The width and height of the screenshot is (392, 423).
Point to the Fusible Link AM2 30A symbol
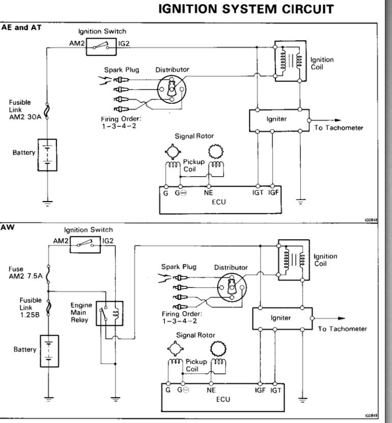tap(47, 111)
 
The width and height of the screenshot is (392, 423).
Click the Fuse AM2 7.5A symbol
tap(48, 274)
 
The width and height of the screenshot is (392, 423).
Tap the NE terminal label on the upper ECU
tap(208, 192)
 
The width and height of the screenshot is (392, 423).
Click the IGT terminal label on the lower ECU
tap(276, 390)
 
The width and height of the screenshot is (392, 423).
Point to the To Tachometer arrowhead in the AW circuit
tap(342, 318)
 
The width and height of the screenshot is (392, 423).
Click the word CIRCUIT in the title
tap(308, 9)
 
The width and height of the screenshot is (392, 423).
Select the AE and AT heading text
tap(21, 27)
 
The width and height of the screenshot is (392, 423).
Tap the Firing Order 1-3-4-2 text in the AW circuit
tap(182, 318)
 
